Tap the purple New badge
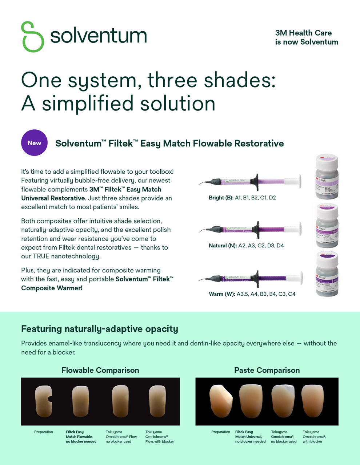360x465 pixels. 34,143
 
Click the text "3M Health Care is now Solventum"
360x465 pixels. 306,37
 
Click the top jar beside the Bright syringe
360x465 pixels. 327,177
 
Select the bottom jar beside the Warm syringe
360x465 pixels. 327,274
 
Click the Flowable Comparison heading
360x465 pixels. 100,370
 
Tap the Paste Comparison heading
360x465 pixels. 267,370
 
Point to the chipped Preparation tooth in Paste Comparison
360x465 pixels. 221,401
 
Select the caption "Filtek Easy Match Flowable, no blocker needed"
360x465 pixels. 81,437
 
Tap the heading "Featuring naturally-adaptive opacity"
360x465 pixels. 100,329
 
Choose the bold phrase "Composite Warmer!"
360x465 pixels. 52,288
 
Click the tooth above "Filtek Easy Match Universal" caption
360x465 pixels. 251,401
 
